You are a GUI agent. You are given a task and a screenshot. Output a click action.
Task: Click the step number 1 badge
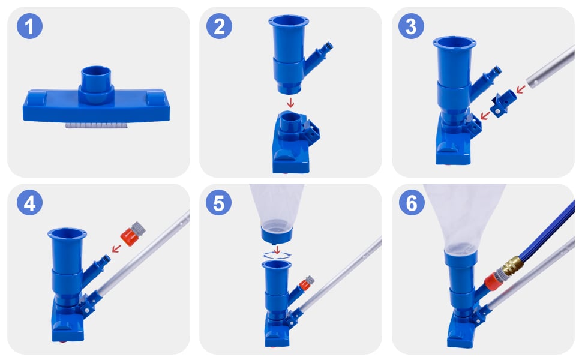(29, 26)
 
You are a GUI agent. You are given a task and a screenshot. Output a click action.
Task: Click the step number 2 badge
(219, 26)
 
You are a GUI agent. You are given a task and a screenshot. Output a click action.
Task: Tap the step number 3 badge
(411, 26)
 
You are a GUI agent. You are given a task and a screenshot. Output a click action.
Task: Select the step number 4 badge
(29, 203)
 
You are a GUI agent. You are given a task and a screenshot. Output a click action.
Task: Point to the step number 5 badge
(218, 203)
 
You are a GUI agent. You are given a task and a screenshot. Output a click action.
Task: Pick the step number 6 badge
(412, 203)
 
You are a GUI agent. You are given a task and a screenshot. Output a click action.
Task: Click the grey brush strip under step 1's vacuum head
(96, 126)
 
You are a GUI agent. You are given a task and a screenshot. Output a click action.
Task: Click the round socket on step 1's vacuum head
(96, 85)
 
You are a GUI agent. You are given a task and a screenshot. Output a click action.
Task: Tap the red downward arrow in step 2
(290, 103)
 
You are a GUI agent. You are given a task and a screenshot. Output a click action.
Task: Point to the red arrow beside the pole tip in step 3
(521, 89)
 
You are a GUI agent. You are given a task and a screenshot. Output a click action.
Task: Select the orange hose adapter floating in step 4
(133, 233)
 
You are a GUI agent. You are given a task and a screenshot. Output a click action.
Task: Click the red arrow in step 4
(116, 248)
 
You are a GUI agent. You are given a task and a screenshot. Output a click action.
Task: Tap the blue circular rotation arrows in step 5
(277, 255)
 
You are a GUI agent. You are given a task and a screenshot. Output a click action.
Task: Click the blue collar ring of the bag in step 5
(277, 235)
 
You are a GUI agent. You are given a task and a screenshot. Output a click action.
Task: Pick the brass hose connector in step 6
(512, 264)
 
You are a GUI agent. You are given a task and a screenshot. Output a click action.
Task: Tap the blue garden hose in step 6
(546, 230)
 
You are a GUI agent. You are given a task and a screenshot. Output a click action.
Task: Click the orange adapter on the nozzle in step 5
(306, 283)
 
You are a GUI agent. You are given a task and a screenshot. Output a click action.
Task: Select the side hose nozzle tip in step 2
(328, 47)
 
